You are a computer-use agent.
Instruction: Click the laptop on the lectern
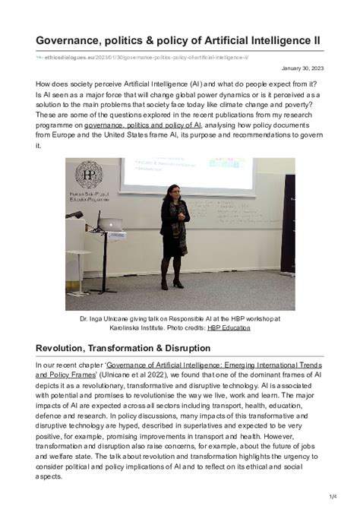coord(110,226)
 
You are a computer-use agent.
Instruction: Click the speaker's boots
coord(178,283)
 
